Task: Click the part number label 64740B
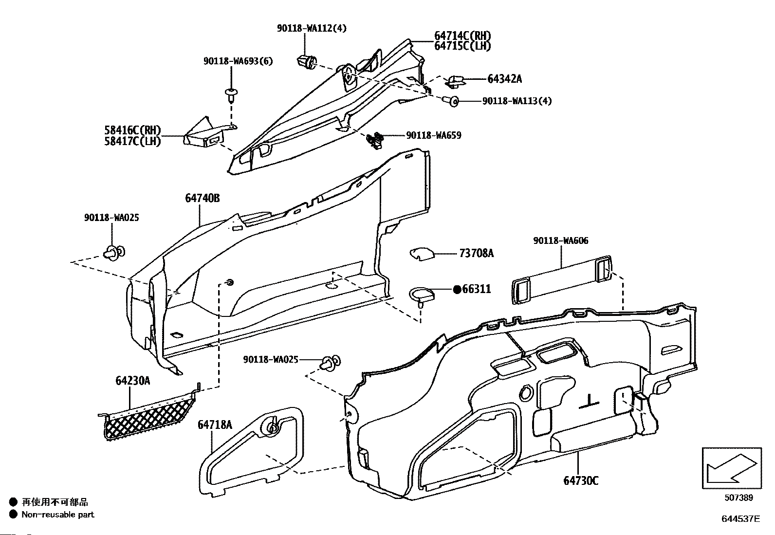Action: (203, 198)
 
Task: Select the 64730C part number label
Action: (581, 480)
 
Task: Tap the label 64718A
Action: (215, 424)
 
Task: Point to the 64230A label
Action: (133, 381)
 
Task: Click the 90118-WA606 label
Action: (560, 240)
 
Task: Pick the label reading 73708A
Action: (477, 254)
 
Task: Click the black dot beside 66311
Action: (458, 289)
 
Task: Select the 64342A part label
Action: (504, 79)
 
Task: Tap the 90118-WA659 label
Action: (434, 135)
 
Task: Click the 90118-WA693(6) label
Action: (238, 61)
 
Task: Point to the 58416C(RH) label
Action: (133, 130)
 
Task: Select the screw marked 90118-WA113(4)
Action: (451, 101)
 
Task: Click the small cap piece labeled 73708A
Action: (422, 254)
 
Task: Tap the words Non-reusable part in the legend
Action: (58, 515)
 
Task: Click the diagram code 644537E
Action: (741, 519)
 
